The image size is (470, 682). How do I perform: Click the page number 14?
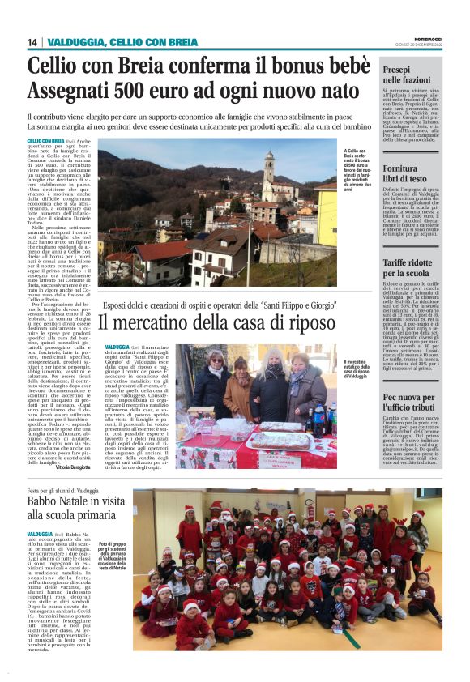pos(32,42)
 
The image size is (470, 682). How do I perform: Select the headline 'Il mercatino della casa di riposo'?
pos(217,323)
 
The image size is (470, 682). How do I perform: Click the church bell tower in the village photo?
pos(268,169)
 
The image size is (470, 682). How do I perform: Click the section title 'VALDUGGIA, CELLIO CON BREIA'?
pos(122,42)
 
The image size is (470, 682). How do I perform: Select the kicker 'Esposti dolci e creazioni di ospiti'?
pos(217,305)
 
